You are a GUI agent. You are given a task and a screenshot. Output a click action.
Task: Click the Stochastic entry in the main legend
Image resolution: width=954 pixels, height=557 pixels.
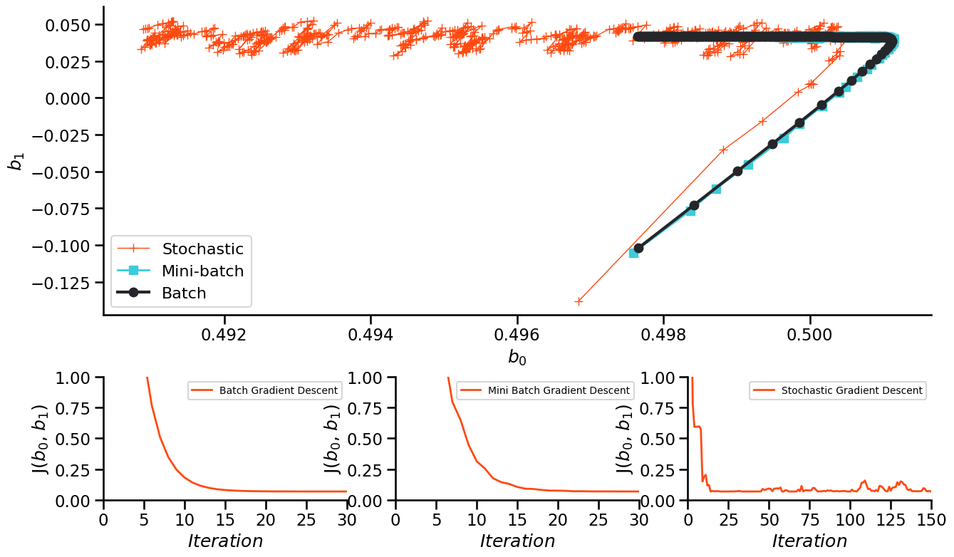(202, 249)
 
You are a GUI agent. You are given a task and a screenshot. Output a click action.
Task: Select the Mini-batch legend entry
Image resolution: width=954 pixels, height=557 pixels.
(202, 271)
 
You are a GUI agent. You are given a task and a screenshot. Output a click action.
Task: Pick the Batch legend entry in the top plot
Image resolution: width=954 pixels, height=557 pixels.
(184, 293)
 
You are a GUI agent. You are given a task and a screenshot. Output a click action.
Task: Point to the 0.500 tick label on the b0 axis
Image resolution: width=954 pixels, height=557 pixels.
(810, 335)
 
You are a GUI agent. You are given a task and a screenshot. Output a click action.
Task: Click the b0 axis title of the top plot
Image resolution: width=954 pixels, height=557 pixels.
(517, 358)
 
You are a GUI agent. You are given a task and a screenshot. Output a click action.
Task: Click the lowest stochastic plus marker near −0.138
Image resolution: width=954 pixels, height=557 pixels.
(579, 301)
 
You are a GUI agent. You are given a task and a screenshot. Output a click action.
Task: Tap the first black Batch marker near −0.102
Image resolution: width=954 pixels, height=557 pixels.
(638, 248)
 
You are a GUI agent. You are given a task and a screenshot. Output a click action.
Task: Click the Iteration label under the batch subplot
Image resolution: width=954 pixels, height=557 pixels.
(225, 541)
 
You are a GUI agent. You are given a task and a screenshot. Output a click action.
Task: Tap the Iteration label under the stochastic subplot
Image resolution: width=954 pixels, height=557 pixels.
(809, 541)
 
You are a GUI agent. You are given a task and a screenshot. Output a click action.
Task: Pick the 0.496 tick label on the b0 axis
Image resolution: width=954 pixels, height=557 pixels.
(517, 335)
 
